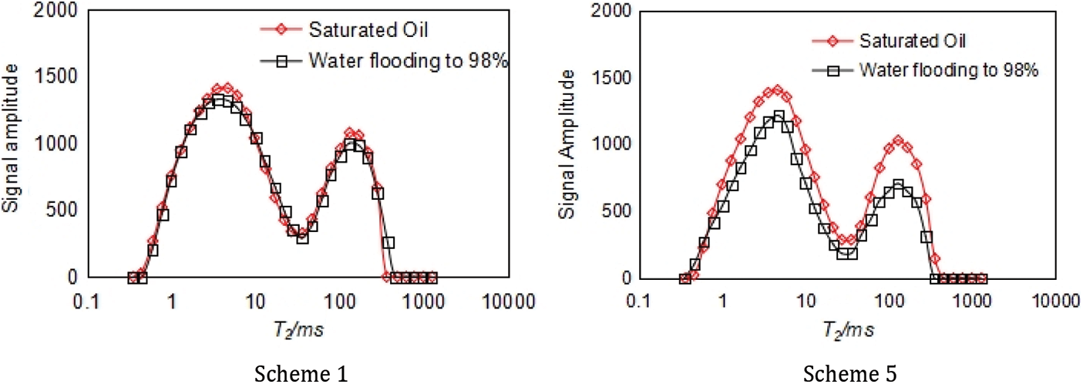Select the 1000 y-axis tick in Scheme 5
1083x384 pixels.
(x=610, y=144)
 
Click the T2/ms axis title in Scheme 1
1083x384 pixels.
(x=301, y=330)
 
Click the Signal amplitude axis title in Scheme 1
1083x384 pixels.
(x=14, y=143)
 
